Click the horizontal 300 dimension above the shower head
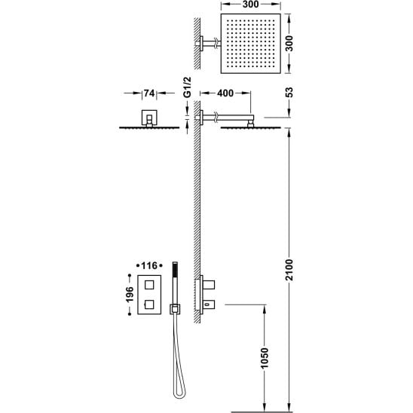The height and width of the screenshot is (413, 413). coord(250,5)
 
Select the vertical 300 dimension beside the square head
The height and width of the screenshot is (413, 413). coord(289,44)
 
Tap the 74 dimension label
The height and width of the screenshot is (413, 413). coord(149,93)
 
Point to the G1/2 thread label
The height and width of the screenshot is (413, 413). coord(187,87)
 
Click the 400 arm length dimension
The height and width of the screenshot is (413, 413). coord(225,93)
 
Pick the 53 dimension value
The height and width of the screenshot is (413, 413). coord(289,93)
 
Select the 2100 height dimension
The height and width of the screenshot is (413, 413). coord(289,270)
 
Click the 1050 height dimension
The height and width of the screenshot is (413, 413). coord(265,358)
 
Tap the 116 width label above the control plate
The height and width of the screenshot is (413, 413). coord(149,266)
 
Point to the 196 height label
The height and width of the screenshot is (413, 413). coord(130,294)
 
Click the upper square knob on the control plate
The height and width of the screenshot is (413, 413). coord(149,285)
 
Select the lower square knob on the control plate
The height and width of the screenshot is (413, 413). coord(149,304)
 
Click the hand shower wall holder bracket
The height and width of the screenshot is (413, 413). coord(175,309)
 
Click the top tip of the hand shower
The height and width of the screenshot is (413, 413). coord(175,262)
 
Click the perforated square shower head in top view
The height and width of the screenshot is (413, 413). coord(250,44)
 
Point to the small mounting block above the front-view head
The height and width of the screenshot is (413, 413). coord(150,118)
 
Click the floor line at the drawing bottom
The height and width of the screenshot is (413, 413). coord(262,412)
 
